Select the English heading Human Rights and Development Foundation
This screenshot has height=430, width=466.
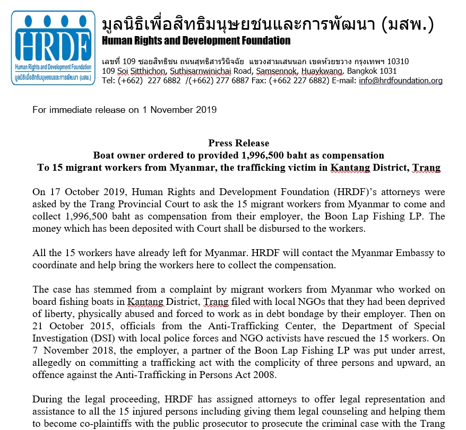click(x=196, y=41)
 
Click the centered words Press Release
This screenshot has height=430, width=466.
click(x=238, y=143)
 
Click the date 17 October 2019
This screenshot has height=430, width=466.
click(x=81, y=192)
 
